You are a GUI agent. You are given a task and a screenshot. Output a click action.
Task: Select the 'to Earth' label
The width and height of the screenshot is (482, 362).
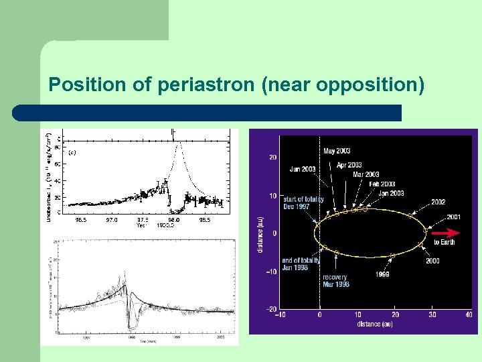[444, 242]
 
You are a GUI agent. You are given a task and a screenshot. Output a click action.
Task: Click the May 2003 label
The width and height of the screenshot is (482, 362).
[337, 152]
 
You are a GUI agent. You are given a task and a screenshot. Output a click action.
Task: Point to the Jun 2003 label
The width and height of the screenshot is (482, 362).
[303, 169]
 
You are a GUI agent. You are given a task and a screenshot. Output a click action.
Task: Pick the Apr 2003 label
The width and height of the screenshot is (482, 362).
[349, 165]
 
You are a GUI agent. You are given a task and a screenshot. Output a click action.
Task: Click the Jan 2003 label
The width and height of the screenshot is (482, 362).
[392, 193]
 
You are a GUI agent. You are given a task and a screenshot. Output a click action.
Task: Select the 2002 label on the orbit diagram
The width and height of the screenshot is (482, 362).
[438, 202]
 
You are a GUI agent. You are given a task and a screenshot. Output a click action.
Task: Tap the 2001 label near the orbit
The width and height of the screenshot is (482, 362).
[454, 217]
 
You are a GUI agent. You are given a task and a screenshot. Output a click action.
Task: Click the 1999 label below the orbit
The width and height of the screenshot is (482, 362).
[383, 274]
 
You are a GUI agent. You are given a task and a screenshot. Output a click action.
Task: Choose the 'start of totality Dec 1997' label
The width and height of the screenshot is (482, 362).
[303, 203]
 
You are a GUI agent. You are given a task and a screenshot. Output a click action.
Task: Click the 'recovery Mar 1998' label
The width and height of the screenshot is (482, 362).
[335, 281]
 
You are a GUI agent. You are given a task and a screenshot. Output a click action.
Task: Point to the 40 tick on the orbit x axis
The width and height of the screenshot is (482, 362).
[467, 314]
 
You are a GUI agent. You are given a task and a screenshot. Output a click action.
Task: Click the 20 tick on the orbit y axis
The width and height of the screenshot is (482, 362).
[272, 158]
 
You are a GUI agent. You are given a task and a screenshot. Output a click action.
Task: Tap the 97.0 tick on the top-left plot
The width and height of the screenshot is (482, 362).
[111, 219]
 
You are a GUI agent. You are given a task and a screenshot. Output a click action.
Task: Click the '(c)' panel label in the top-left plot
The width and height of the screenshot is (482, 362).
[72, 152]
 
